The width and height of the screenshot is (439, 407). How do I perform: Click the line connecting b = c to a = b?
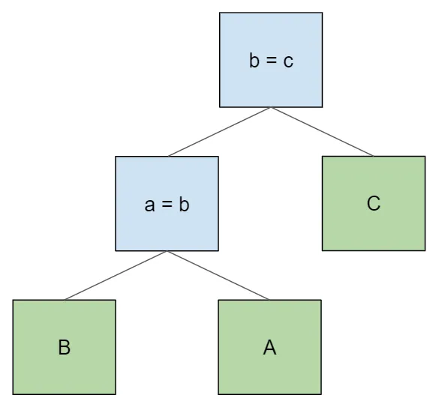pos(220,132)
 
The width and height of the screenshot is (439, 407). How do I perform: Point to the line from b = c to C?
pos(323,132)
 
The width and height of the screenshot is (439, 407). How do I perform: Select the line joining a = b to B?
pos(116,275)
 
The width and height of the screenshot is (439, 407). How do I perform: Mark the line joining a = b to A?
pos(218,275)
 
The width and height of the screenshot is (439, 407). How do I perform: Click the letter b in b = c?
pos(254,61)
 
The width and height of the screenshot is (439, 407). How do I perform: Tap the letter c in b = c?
pos(288,61)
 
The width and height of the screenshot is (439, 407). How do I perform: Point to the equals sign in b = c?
pos(271,61)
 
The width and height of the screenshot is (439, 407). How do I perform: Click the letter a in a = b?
pos(150,205)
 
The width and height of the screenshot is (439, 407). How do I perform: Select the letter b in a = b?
pos(185,205)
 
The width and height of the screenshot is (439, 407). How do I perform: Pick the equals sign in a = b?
pos(167,205)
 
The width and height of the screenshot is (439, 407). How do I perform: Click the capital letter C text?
pos(374,203)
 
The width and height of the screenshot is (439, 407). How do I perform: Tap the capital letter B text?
pos(65,348)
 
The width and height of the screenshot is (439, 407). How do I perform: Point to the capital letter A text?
pos(269,348)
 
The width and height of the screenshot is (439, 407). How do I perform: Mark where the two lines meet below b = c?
pos(271,108)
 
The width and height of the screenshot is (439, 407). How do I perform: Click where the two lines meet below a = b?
pos(167,251)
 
